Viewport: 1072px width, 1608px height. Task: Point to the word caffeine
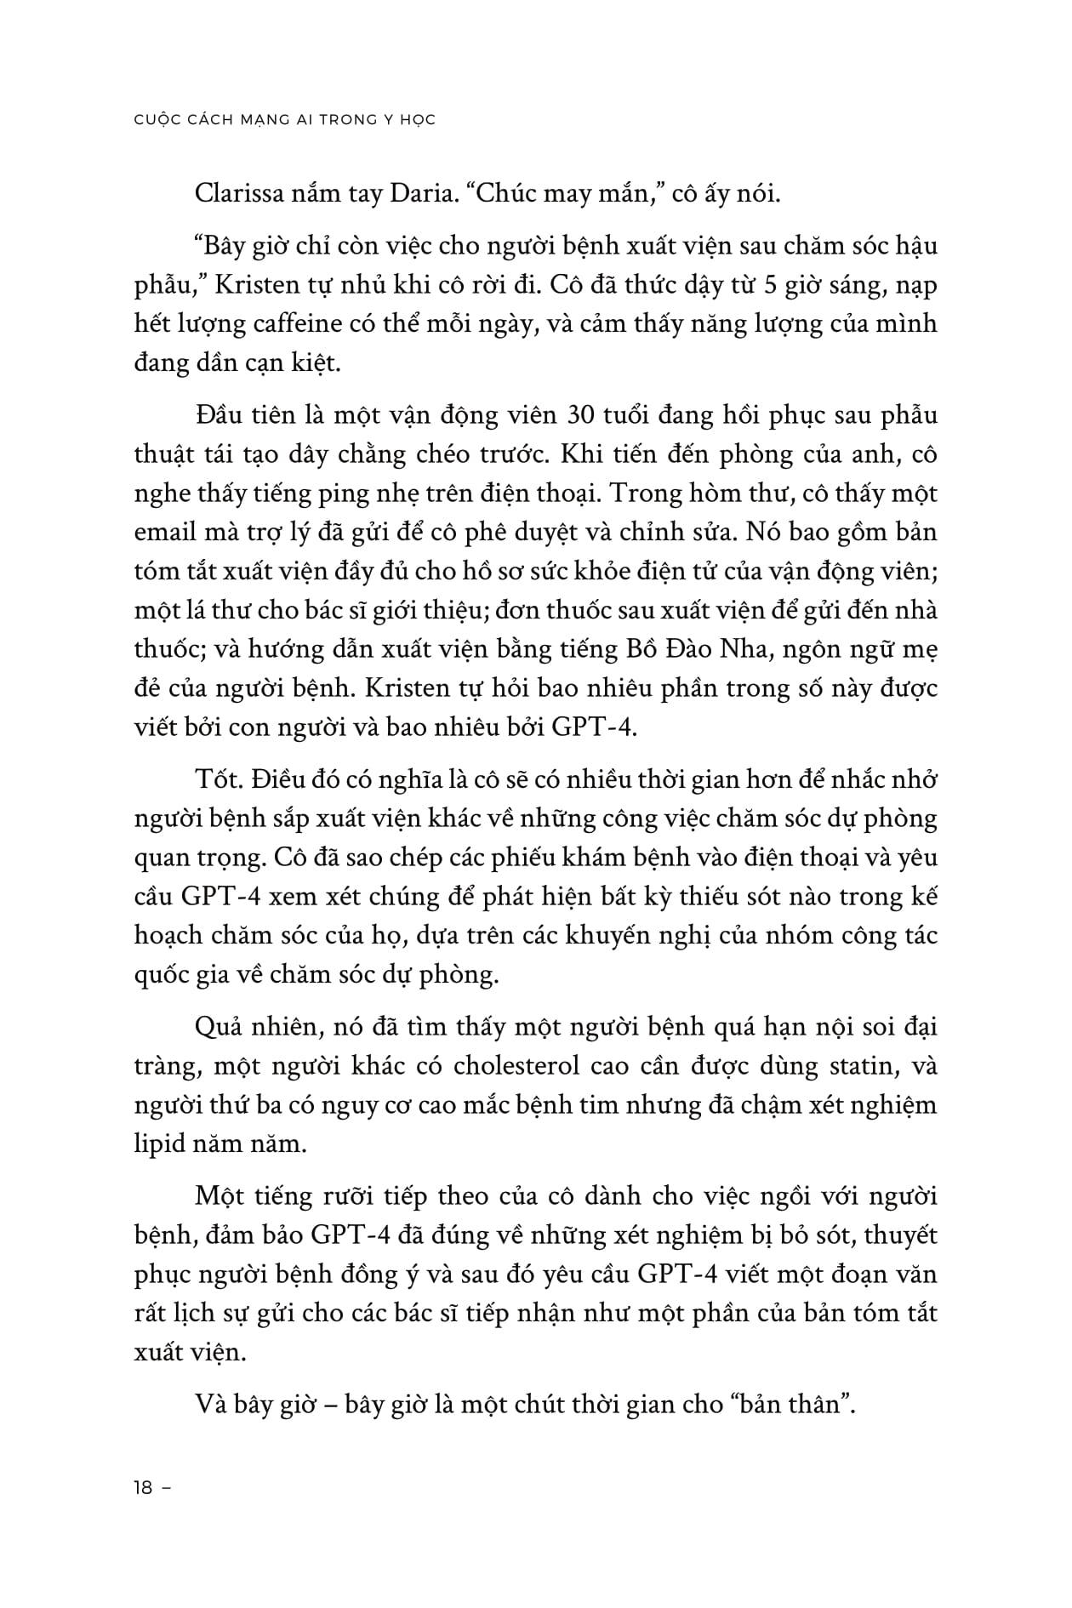[x=314, y=324]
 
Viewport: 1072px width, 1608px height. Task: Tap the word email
[x=165, y=533]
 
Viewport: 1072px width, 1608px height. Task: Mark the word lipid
[x=159, y=1143]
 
